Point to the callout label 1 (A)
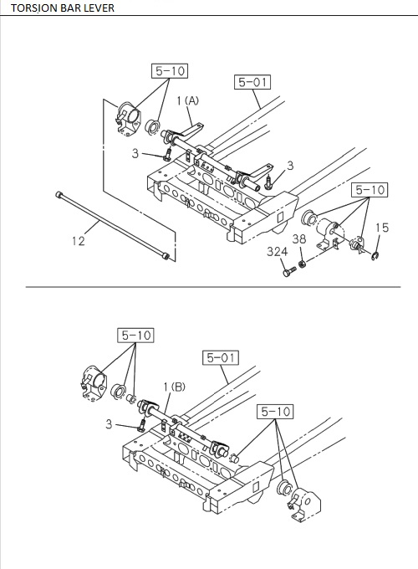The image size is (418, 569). [187, 100]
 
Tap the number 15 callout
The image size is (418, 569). [381, 227]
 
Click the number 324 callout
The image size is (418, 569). [276, 251]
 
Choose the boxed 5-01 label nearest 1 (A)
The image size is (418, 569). [252, 82]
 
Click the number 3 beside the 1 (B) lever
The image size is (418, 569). [108, 424]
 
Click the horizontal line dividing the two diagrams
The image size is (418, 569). [209, 287]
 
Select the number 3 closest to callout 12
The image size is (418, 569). [135, 154]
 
